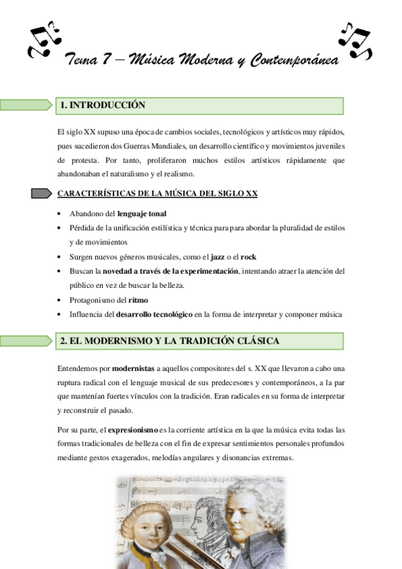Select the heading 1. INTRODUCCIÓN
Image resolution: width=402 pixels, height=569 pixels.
tap(102, 105)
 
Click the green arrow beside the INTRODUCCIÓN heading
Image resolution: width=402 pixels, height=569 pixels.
tap(26, 105)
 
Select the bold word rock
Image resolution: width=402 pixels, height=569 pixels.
tap(249, 257)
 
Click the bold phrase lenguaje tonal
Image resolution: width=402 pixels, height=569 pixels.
tap(142, 213)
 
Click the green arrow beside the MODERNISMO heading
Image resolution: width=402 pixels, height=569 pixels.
tap(26, 341)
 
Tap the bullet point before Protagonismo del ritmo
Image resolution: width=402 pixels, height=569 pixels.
tap(61, 300)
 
